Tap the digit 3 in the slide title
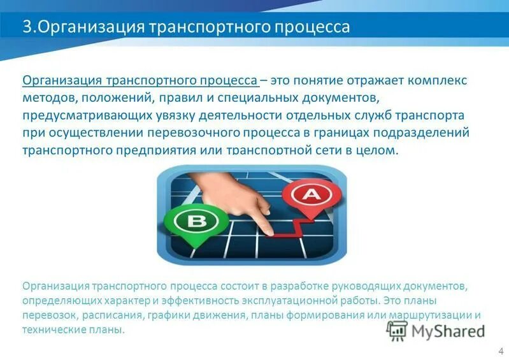(27, 28)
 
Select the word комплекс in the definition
(438, 82)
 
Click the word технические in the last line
(51, 331)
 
